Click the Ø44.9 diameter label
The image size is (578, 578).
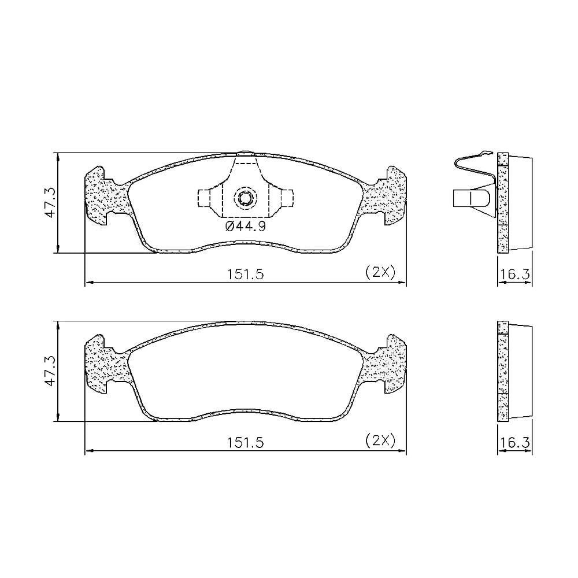pos(245,227)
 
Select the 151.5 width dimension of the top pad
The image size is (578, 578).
pos(245,275)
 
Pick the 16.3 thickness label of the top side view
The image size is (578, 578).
pos(515,275)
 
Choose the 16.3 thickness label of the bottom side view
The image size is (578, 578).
pos(515,443)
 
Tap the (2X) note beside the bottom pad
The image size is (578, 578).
pos(380,440)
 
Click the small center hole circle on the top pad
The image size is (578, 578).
pos(244,199)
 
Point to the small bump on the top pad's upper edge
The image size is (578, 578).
pos(245,153)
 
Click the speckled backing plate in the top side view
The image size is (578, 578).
pos(502,202)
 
